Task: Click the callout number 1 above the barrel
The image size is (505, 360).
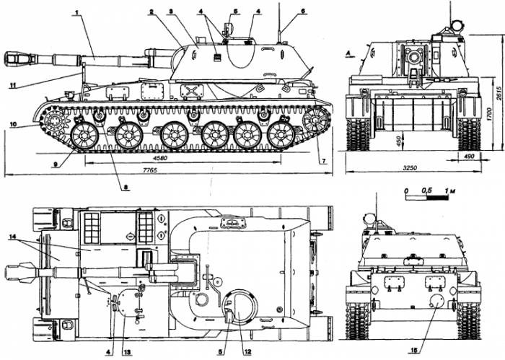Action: (x=76, y=12)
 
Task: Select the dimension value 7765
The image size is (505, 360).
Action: (x=150, y=170)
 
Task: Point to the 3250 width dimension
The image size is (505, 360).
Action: (x=410, y=168)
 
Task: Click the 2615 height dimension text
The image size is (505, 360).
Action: (x=499, y=93)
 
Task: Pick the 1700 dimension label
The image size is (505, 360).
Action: (x=489, y=114)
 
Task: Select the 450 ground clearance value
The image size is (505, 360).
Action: (x=399, y=141)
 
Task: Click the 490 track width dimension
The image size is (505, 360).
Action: (x=470, y=156)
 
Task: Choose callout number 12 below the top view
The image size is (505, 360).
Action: (x=247, y=351)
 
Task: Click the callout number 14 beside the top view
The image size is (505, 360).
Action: (x=12, y=237)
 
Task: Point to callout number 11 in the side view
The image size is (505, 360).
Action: (x=12, y=85)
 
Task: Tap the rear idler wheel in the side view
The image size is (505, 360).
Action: (x=316, y=120)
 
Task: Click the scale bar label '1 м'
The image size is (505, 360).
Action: (x=450, y=190)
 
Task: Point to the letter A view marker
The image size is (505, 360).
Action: (x=348, y=53)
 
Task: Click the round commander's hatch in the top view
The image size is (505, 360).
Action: (x=240, y=307)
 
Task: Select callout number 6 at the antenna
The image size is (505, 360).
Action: (x=303, y=11)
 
